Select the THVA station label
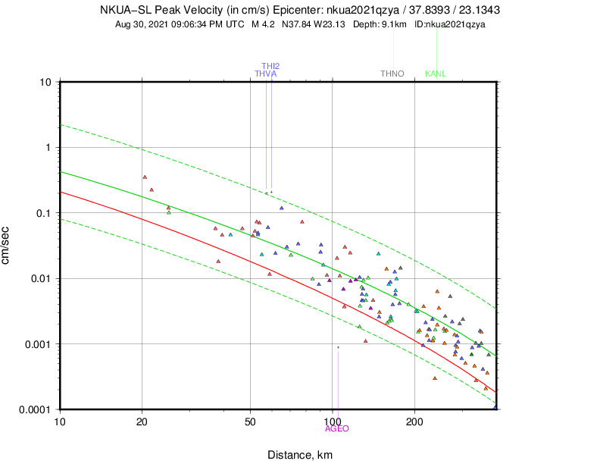[x=265, y=74]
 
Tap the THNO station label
[x=392, y=74]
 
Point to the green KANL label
[x=436, y=74]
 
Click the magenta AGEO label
[x=337, y=428]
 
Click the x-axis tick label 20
[x=142, y=422]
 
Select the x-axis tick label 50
[x=251, y=422]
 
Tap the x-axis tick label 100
[x=333, y=422]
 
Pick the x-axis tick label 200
[x=414, y=422]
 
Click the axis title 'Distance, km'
[x=299, y=455]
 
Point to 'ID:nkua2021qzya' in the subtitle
[x=450, y=24]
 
